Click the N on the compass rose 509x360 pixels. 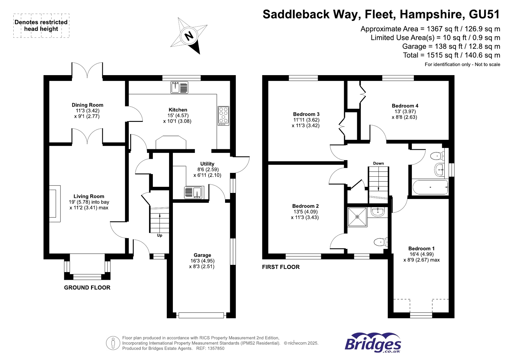click(x=189, y=36)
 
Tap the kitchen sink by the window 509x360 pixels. click(x=179, y=87)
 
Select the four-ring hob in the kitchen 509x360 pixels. click(x=223, y=116)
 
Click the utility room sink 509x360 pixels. click(x=194, y=193)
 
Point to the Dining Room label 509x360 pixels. click(x=87, y=105)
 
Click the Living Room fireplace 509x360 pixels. click(x=54, y=204)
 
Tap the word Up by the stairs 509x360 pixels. click(x=159, y=236)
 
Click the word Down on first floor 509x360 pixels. click(x=378, y=163)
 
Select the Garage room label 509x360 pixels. click(x=202, y=255)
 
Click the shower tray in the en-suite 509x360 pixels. click(x=357, y=217)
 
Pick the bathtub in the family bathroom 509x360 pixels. click(x=430, y=187)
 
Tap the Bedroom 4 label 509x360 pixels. click(x=405, y=106)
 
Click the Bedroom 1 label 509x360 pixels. click(x=421, y=249)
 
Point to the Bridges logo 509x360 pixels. click(x=372, y=343)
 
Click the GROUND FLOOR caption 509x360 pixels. click(x=87, y=287)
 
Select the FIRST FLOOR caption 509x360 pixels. click(x=281, y=267)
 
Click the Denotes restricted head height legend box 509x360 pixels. click(x=41, y=25)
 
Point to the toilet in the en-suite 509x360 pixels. click(x=380, y=242)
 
